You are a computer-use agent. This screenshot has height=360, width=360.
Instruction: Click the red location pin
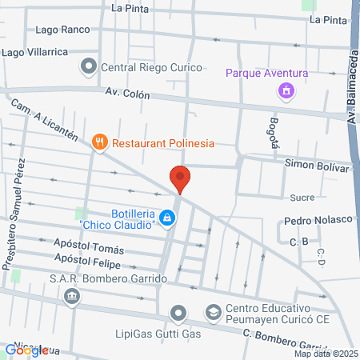click(x=180, y=178)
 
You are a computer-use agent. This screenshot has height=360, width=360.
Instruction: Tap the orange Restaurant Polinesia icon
click(x=100, y=142)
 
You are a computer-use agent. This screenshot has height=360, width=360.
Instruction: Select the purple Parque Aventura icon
click(x=284, y=91)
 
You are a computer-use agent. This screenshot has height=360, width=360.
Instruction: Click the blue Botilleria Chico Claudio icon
click(x=167, y=217)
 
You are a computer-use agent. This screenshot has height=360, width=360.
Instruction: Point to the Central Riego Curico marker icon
click(x=88, y=67)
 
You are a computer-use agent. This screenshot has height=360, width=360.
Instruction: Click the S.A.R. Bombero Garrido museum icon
click(x=72, y=296)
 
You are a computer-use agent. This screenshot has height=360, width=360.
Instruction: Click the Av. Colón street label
click(x=128, y=93)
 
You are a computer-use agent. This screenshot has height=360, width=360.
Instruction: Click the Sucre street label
click(x=302, y=196)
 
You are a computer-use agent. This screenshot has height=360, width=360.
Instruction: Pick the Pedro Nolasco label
click(x=318, y=219)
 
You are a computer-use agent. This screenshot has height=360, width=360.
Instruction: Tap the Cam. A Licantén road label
click(x=43, y=121)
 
